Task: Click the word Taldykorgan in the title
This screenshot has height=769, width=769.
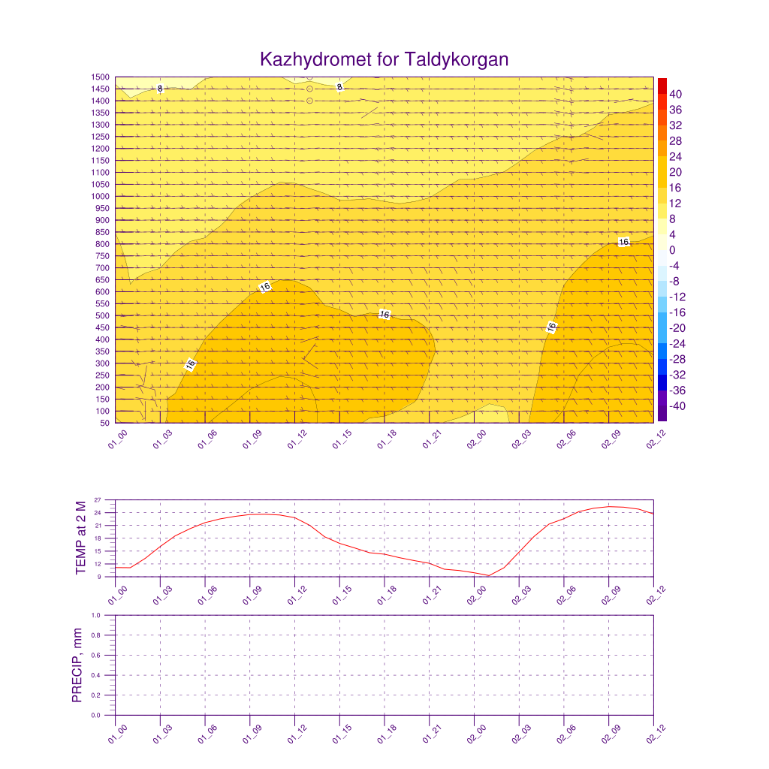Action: [x=457, y=59]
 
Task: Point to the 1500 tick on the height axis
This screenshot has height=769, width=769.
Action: [x=101, y=77]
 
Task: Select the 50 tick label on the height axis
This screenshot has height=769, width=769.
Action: [x=104, y=423]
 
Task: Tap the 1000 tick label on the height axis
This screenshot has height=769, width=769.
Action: [x=101, y=196]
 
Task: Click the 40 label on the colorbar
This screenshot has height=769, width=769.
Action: [x=676, y=94]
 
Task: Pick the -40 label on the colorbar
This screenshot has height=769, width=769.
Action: [x=677, y=406]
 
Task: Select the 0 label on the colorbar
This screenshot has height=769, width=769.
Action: [x=672, y=250]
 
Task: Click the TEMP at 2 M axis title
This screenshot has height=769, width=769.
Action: [x=82, y=538]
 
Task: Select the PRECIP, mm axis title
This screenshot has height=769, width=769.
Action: [x=77, y=665]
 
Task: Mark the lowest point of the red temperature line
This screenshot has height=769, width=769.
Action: [x=489, y=576]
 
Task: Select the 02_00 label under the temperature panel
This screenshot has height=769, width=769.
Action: [x=476, y=596]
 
